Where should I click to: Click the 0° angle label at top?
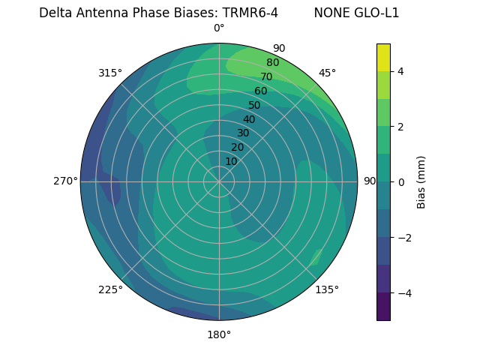219,28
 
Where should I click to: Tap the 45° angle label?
327,73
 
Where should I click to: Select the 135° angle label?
327,289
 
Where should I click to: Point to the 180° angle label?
219,334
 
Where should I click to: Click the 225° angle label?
110,289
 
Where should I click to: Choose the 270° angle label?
65,181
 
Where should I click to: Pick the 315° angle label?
110,73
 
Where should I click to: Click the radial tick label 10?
231,161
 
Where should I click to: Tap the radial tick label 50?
254,105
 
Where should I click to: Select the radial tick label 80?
272,62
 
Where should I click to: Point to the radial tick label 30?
243,133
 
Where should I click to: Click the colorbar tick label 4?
401,71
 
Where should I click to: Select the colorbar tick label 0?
401,181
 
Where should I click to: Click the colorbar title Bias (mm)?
421,181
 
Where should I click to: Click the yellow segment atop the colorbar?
383,57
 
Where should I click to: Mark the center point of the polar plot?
219,181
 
